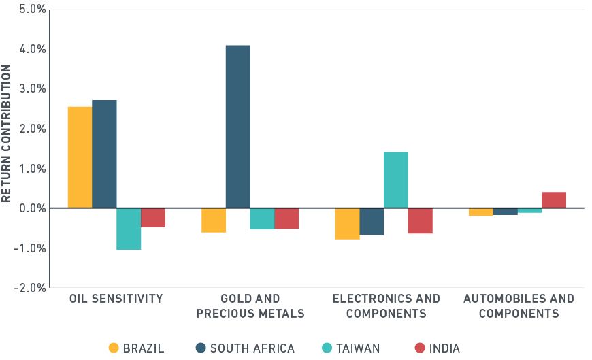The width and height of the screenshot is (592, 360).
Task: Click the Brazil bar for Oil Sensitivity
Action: pos(80,157)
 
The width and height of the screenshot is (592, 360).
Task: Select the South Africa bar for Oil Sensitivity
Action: pos(104,154)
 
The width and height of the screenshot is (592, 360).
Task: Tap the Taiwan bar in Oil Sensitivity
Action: pos(129,229)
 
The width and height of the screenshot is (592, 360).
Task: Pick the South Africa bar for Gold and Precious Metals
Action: pos(237,127)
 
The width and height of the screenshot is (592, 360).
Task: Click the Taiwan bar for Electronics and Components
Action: pos(395,180)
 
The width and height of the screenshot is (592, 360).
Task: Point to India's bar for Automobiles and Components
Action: pos(554,200)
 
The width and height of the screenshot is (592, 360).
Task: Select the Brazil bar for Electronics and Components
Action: pos(347,223)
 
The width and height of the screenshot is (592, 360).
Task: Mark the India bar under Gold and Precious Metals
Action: pos(286,218)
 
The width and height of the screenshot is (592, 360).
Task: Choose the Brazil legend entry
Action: pos(136,348)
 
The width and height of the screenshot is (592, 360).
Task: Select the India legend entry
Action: pos(437,348)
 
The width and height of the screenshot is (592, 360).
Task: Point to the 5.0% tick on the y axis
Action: pos(32,10)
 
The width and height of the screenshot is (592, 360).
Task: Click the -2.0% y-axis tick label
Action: pos(30,288)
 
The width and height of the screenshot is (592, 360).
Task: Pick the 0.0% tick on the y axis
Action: pos(32,208)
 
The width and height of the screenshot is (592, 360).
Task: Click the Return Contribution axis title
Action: pos(7,133)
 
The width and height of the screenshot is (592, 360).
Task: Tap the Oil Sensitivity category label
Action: pos(116,299)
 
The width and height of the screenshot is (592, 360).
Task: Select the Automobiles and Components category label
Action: pos(519,306)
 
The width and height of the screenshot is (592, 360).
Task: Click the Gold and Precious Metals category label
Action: pos(250,306)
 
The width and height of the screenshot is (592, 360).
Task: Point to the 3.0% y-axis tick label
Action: pos(32,89)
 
